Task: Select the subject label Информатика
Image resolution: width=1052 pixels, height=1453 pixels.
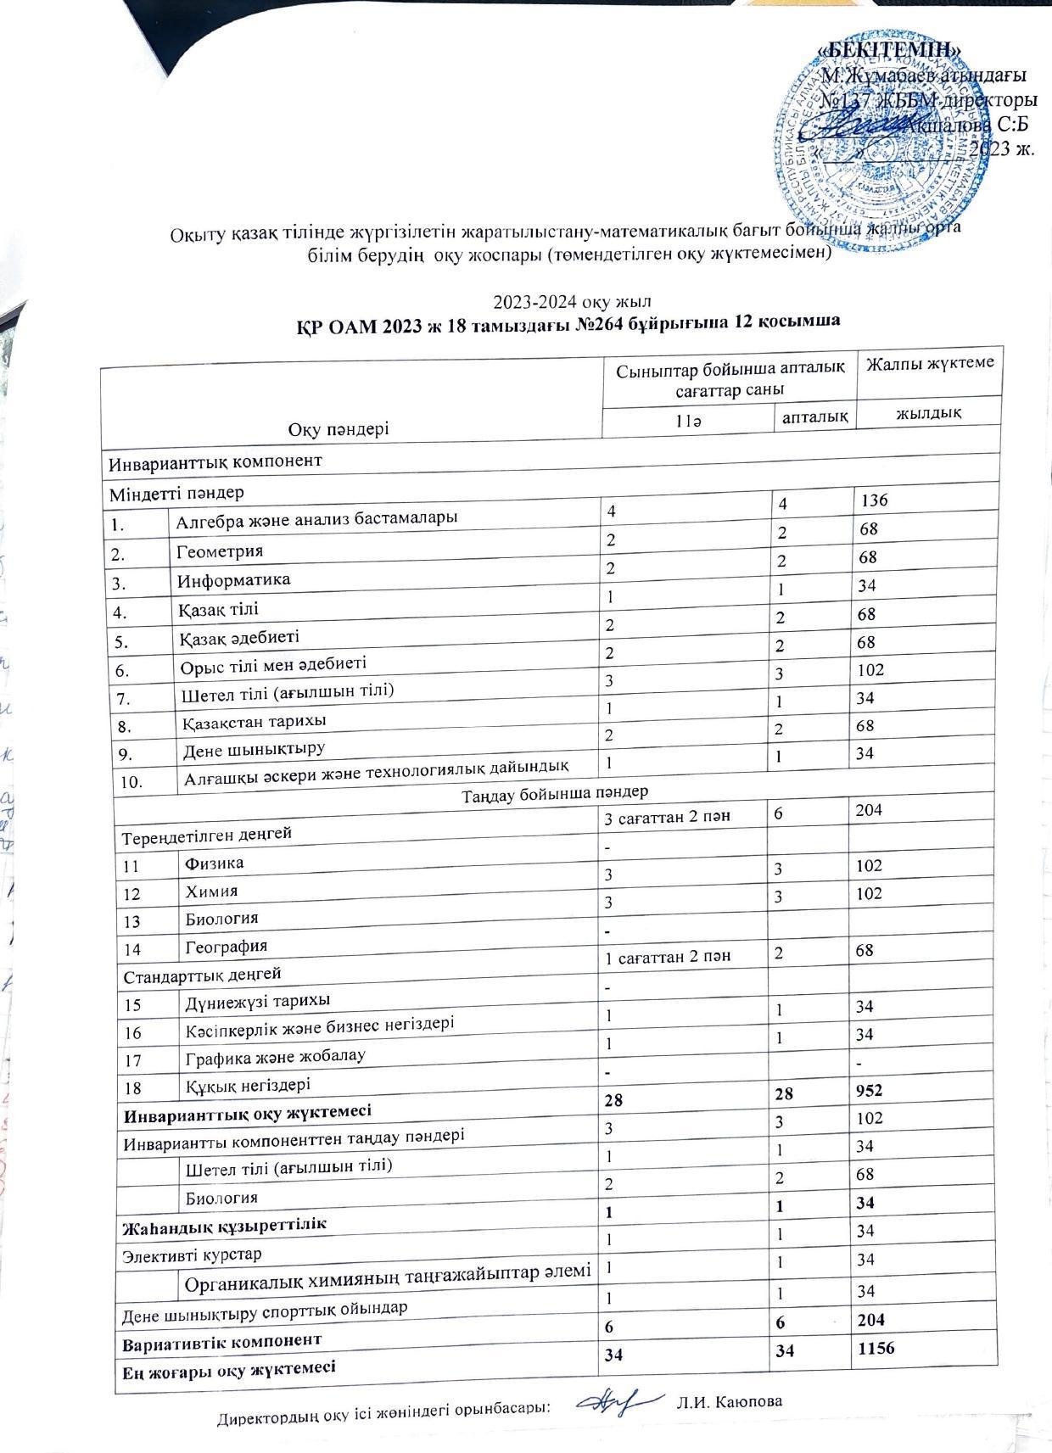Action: tap(233, 580)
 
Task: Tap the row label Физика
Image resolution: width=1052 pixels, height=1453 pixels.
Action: tap(215, 863)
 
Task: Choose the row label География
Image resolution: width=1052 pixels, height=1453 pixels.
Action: tap(227, 946)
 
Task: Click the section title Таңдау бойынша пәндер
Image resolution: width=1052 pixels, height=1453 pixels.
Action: tap(555, 793)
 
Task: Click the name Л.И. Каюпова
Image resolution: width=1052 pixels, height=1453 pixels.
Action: tap(729, 1401)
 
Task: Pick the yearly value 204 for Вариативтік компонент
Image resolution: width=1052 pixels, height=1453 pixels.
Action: tap(876, 1319)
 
